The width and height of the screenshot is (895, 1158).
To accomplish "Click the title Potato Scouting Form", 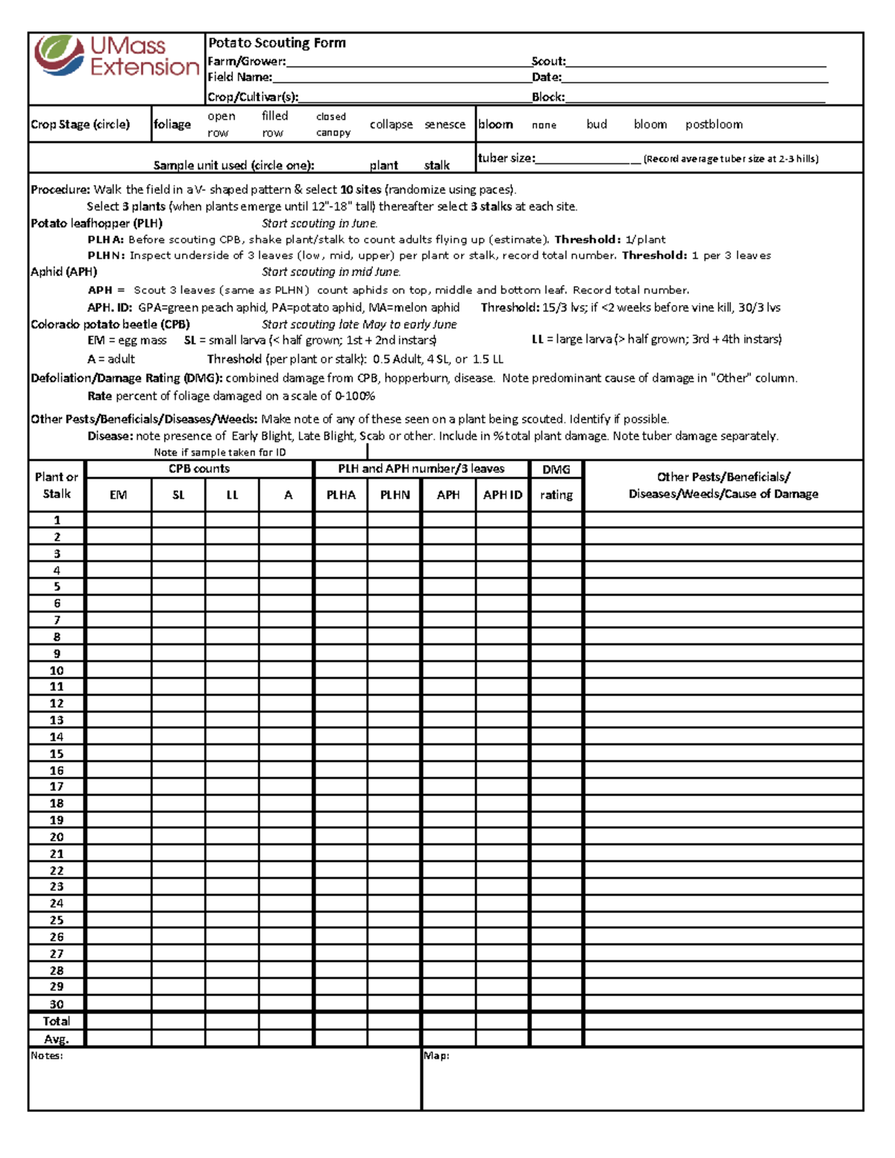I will pyautogui.click(x=277, y=43).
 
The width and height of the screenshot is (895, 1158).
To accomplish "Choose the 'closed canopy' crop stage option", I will pyautogui.click(x=333, y=125).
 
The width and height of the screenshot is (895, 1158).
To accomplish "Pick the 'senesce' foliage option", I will pyautogui.click(x=445, y=125).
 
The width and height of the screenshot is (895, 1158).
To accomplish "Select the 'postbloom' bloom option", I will pyautogui.click(x=714, y=125).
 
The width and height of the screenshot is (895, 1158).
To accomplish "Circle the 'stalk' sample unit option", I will pyautogui.click(x=437, y=166).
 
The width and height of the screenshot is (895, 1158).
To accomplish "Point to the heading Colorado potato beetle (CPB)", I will pyautogui.click(x=110, y=324).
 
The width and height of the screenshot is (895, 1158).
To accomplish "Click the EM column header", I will pyautogui.click(x=119, y=494).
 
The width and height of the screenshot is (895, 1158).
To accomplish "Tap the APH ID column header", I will pyautogui.click(x=503, y=494).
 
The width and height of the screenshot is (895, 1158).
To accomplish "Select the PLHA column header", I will pyautogui.click(x=341, y=494).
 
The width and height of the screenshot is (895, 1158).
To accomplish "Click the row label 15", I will pyautogui.click(x=57, y=754).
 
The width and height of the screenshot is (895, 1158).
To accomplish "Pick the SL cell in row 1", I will pyautogui.click(x=178, y=520).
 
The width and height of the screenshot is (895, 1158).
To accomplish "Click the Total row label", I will pyautogui.click(x=57, y=1021).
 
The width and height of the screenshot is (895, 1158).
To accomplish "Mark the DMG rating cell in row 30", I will pyautogui.click(x=556, y=1004).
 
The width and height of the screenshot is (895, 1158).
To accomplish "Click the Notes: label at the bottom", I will pyautogui.click(x=47, y=1056).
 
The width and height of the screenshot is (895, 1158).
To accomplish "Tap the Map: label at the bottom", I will pyautogui.click(x=436, y=1056).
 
